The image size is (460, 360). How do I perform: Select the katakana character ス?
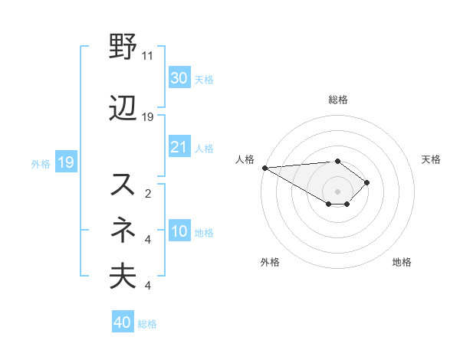[123, 184]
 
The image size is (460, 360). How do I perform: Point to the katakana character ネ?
[123, 227]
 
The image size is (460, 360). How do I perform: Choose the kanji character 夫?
[123, 276]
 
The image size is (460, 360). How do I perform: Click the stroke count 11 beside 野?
[148, 56]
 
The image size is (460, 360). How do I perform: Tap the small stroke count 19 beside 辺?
[148, 116]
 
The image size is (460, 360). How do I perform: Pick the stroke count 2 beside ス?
[147, 193]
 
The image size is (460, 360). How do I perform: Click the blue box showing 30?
[179, 78]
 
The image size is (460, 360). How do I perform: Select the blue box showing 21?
[179, 147]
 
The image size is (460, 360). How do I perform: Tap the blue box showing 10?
[179, 231]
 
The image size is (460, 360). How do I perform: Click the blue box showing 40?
[122, 322]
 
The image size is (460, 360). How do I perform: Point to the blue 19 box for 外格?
[65, 162]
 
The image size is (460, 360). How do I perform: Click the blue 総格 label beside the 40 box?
[147, 324]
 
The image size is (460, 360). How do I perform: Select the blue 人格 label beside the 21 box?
[204, 148]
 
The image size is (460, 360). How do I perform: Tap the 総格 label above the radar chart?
[337, 100]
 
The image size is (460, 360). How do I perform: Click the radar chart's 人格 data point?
[264, 168]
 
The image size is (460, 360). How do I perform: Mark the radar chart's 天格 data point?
[368, 182]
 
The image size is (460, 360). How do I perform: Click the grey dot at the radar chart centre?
[337, 190]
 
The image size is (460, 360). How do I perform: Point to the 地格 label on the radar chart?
[402, 262]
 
